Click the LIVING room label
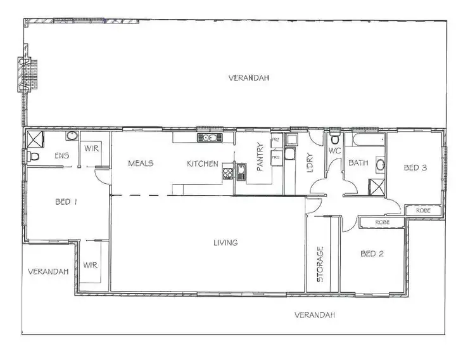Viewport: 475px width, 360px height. pos(225,243)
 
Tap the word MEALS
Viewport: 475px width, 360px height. pos(141,164)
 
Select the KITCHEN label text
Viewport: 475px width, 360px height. pos(202,164)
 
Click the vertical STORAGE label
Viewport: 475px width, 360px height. pos(320,264)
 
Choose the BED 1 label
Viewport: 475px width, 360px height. pos(66,202)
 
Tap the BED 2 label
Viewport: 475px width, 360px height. pos(372,254)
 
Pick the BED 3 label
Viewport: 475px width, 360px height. pos(416,168)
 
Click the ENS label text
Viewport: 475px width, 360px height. pos(61,156)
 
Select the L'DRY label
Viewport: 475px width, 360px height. pos(310,164)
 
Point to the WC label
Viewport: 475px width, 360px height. pos(334,151)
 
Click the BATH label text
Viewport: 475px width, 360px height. pos(358,164)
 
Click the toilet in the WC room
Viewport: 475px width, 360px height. pos(335,138)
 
